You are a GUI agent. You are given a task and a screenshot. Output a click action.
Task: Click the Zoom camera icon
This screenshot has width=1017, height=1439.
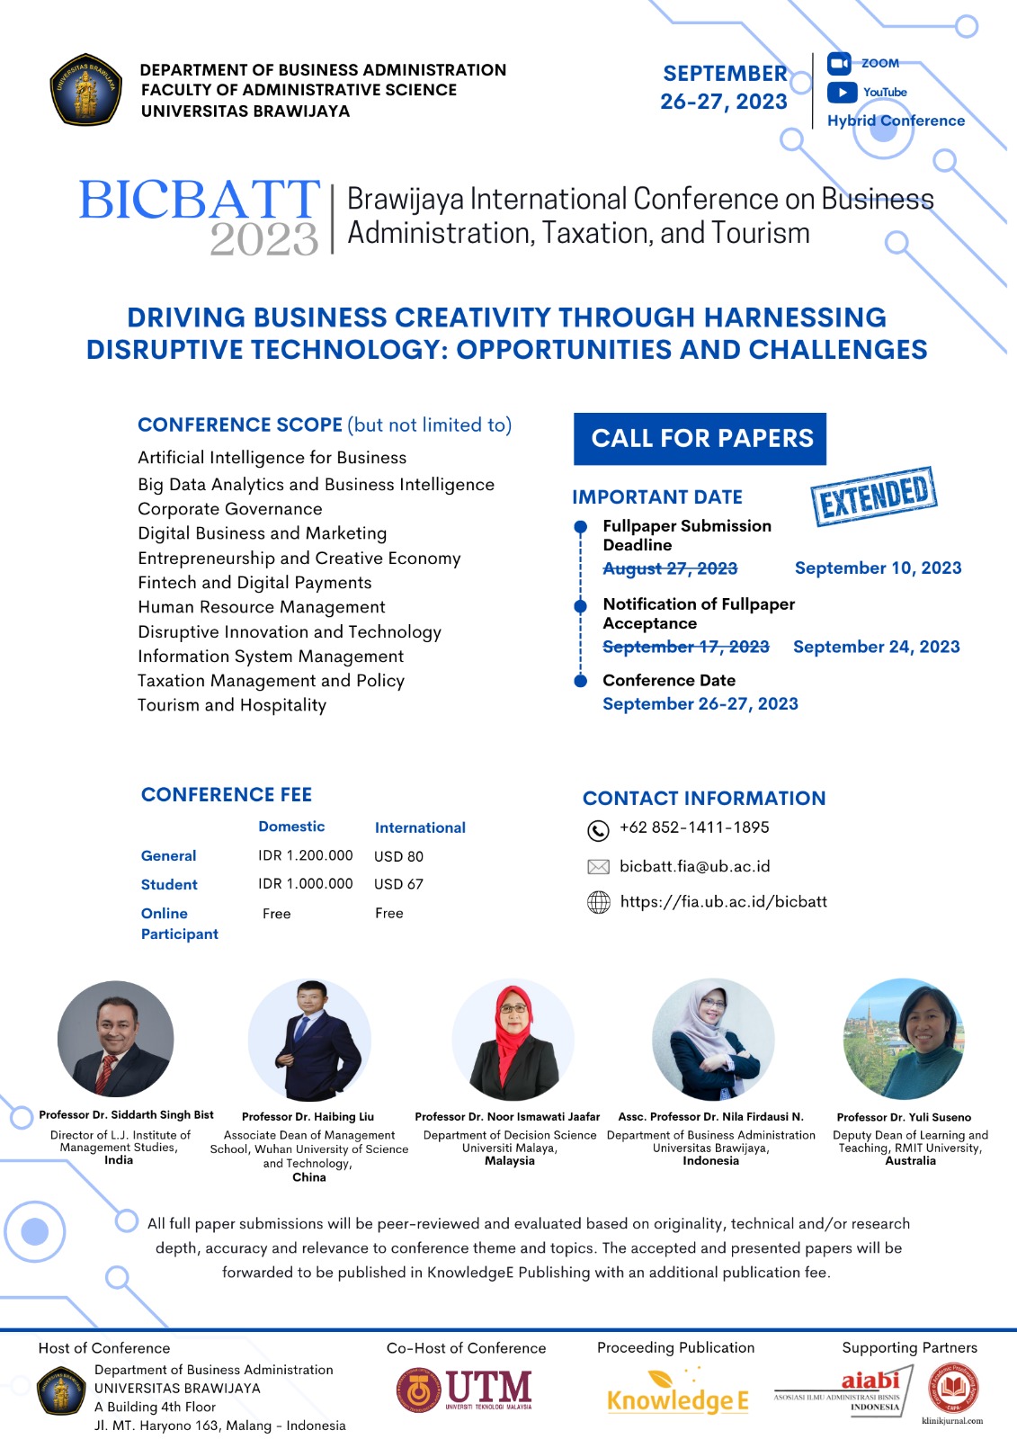click(839, 64)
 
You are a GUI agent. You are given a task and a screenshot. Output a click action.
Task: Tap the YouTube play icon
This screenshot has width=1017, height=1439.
click(842, 92)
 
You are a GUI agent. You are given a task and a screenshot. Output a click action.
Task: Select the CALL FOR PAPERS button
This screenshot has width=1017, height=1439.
click(700, 439)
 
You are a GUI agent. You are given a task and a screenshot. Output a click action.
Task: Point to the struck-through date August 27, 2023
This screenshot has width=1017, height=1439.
click(670, 568)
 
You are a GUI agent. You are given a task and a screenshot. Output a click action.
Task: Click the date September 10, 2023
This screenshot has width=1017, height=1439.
click(878, 568)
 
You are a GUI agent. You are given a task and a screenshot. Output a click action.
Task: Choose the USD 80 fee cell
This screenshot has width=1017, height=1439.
click(398, 856)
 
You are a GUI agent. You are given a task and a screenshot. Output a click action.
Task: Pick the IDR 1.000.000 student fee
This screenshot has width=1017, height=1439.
click(306, 884)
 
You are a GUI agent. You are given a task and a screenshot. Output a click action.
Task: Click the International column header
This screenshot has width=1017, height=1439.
click(420, 827)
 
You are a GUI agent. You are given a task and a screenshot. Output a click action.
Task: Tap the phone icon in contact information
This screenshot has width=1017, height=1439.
click(598, 829)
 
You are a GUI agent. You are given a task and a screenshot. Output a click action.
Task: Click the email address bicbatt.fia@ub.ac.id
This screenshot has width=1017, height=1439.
click(694, 866)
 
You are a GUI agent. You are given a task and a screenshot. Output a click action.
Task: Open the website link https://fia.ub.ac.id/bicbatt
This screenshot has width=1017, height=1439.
click(723, 901)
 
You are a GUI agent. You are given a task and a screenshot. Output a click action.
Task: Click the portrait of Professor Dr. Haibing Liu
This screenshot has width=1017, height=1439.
click(309, 1041)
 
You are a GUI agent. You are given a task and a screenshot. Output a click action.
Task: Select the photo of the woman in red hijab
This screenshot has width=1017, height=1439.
click(513, 1041)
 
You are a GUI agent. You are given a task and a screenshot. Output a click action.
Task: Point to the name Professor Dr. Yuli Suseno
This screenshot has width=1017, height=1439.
click(904, 1117)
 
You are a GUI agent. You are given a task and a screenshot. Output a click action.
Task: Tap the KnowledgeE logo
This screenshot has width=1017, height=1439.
click(677, 1394)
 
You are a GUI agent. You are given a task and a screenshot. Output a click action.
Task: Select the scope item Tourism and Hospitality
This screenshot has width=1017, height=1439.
click(232, 705)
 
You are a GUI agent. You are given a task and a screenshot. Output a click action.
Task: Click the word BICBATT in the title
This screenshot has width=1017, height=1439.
click(199, 200)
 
